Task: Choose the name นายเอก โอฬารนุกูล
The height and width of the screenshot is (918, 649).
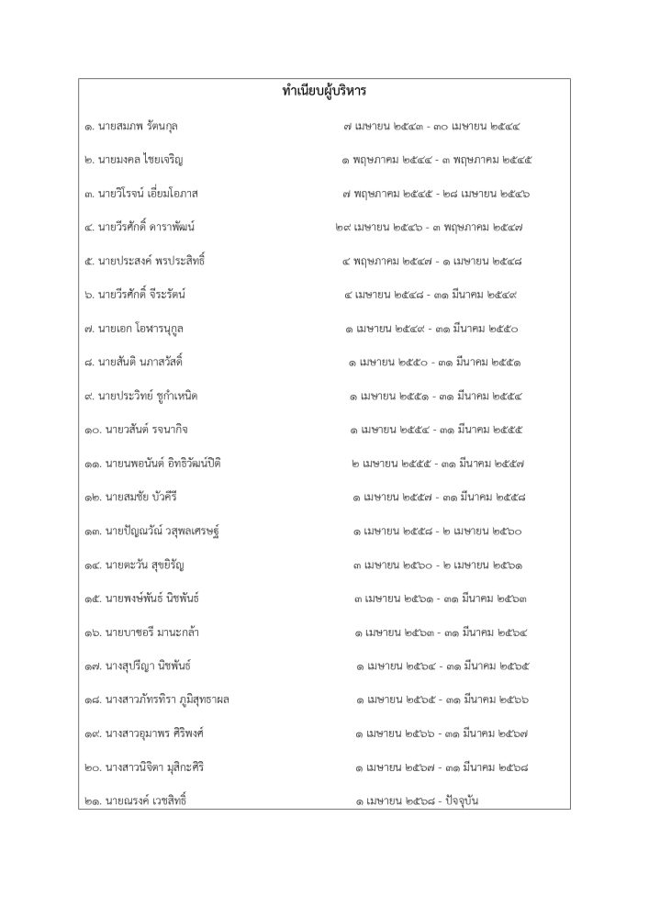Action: pyautogui.click(x=147, y=328)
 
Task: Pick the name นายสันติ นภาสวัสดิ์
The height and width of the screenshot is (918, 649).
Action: pyautogui.click(x=147, y=362)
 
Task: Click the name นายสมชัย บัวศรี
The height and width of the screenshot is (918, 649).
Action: pyautogui.click(x=147, y=497)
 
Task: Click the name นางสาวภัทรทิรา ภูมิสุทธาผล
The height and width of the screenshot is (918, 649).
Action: pyautogui.click(x=169, y=700)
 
